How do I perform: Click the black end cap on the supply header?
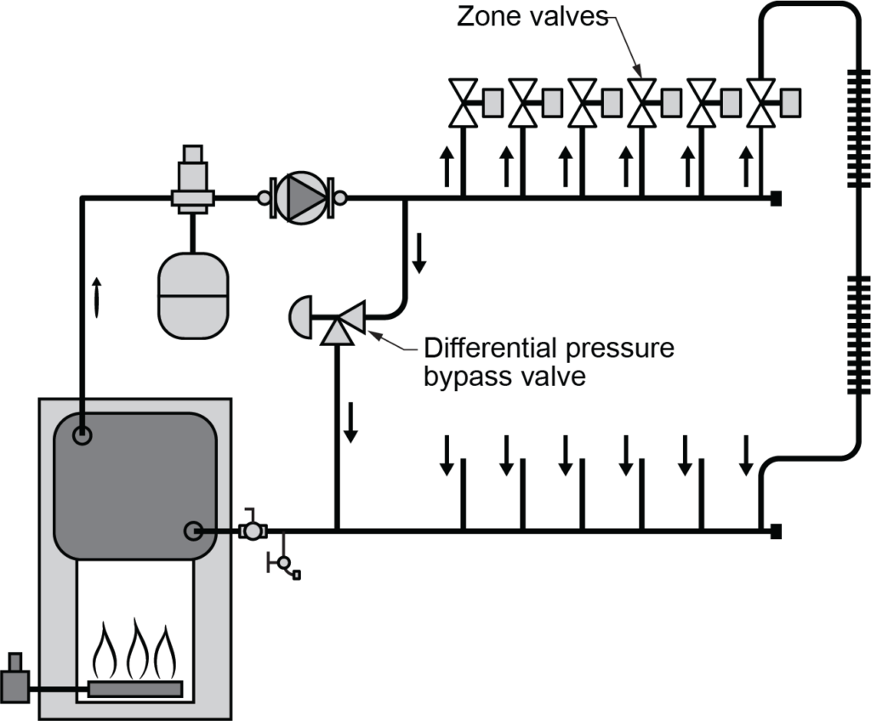[775, 199]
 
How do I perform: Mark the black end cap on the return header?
[775, 532]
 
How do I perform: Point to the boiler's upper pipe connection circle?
[83, 436]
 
